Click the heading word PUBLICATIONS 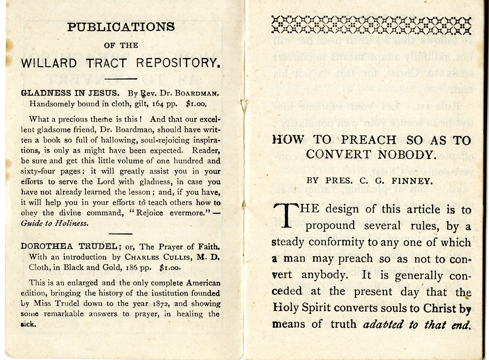tap(121, 27)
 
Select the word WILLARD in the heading tap(49, 63)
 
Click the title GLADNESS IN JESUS tap(70, 93)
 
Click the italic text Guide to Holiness tap(54, 223)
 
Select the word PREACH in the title tap(368, 140)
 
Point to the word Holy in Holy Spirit tap(285, 307)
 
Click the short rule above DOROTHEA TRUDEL tap(120, 234)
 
